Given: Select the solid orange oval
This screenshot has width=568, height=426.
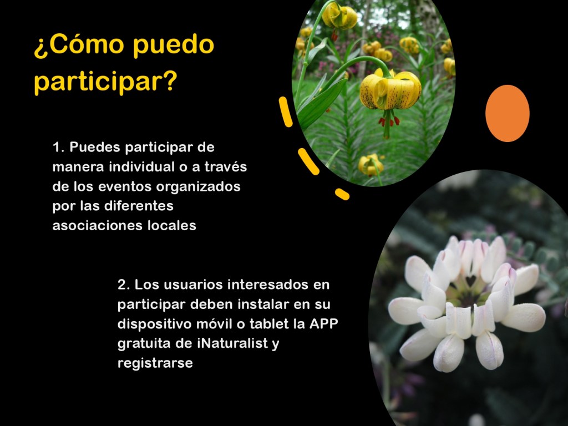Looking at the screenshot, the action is [x=507, y=113].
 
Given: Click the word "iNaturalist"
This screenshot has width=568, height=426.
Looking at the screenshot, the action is [x=232, y=343].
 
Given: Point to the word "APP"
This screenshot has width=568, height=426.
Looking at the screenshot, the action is [x=323, y=323].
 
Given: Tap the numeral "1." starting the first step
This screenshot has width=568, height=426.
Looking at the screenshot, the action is [x=58, y=148].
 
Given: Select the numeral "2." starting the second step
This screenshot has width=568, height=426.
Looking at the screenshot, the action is [x=124, y=285].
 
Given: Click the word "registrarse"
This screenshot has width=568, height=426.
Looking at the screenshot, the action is [x=155, y=363].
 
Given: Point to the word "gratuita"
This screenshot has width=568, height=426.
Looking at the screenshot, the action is [x=144, y=343].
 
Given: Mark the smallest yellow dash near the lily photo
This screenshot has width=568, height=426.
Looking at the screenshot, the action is [x=342, y=194].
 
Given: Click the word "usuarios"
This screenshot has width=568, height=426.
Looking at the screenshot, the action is [x=195, y=285].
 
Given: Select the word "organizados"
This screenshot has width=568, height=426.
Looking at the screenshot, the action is [x=198, y=187].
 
